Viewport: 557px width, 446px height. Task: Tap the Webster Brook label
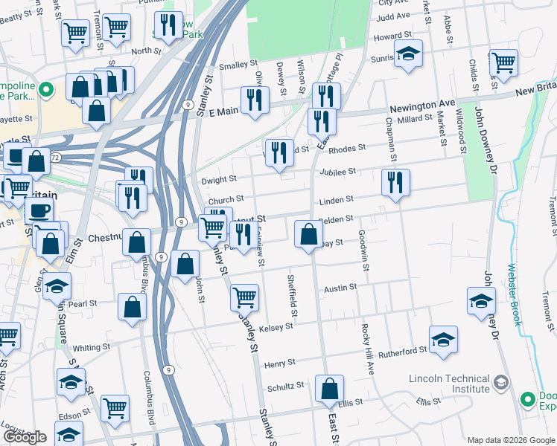tap(512, 295)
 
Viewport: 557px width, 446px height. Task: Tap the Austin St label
tap(341, 287)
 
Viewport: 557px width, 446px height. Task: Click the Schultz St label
tap(286, 386)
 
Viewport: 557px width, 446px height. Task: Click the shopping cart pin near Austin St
tap(244, 297)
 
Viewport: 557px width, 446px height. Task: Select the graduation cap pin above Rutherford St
tap(444, 338)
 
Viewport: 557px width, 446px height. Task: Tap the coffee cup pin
tap(39, 210)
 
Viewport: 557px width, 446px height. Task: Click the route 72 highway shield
tap(55, 158)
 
